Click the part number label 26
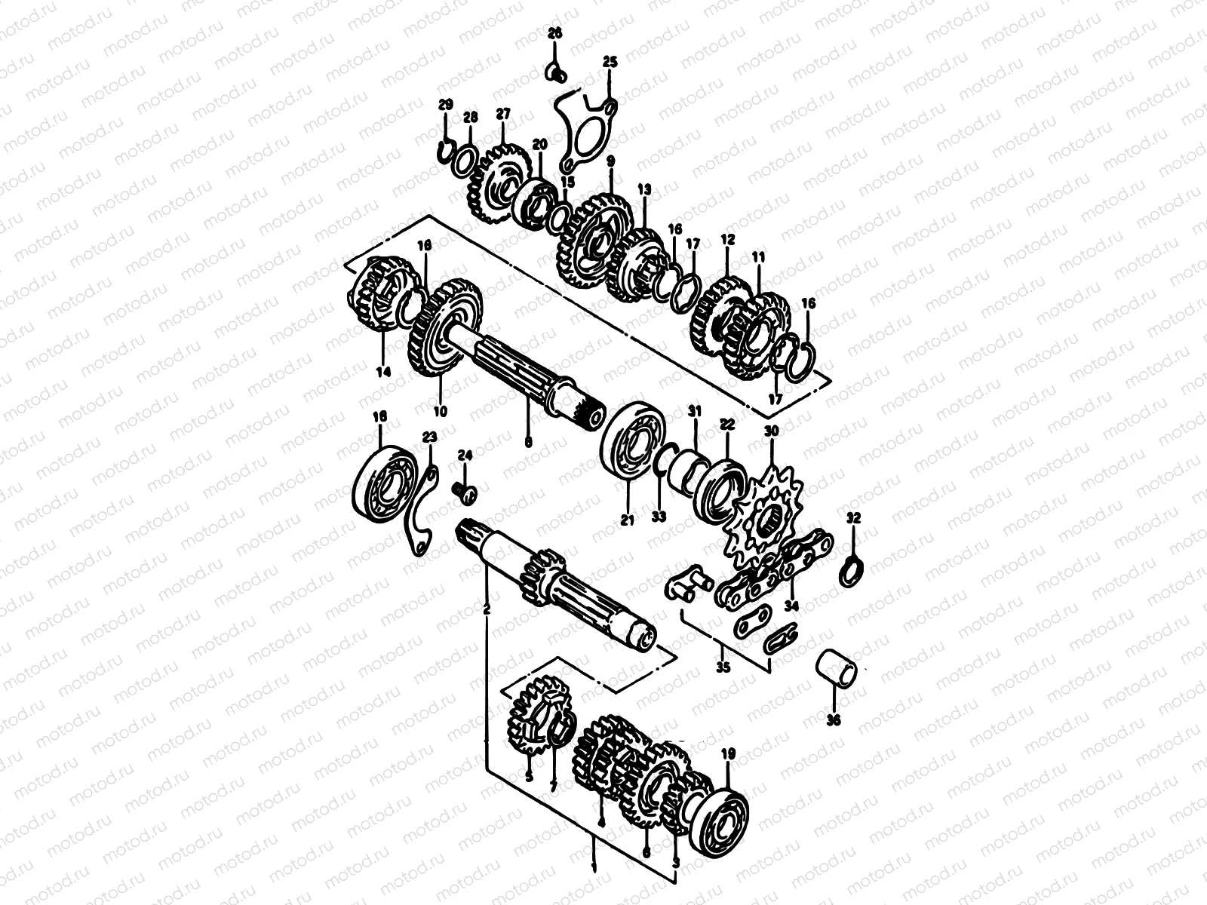555,33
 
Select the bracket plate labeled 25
585,136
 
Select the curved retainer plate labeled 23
420,520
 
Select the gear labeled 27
490,185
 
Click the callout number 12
727,239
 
